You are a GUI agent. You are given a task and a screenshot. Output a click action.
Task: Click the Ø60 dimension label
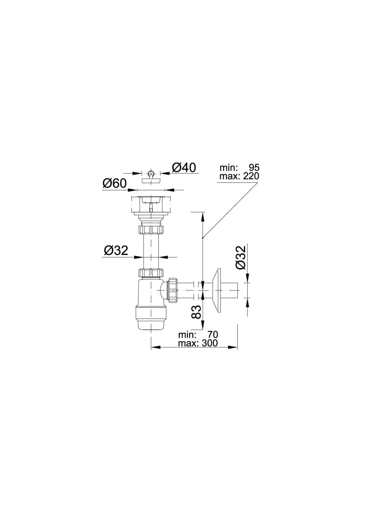click(115, 183)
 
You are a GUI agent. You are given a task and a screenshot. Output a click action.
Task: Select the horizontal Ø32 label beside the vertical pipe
click(116, 251)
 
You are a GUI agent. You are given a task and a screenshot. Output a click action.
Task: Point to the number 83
click(197, 312)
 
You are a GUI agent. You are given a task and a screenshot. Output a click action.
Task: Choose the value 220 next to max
click(251, 176)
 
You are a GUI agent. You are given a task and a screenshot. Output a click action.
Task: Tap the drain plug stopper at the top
click(151, 177)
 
